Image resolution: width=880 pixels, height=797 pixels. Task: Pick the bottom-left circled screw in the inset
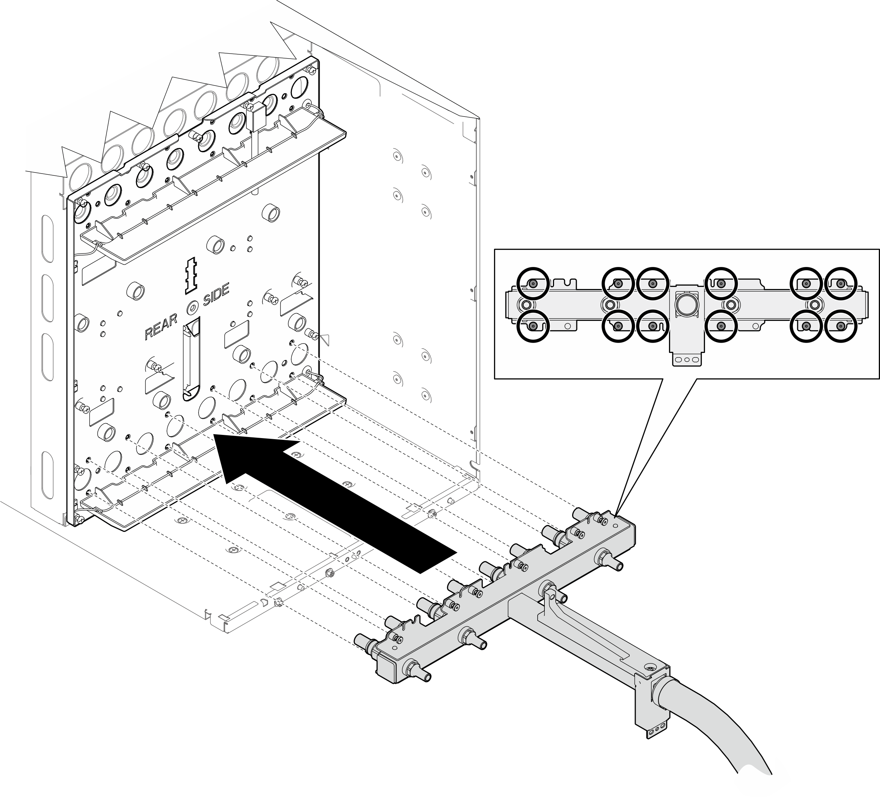coord(532,326)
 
